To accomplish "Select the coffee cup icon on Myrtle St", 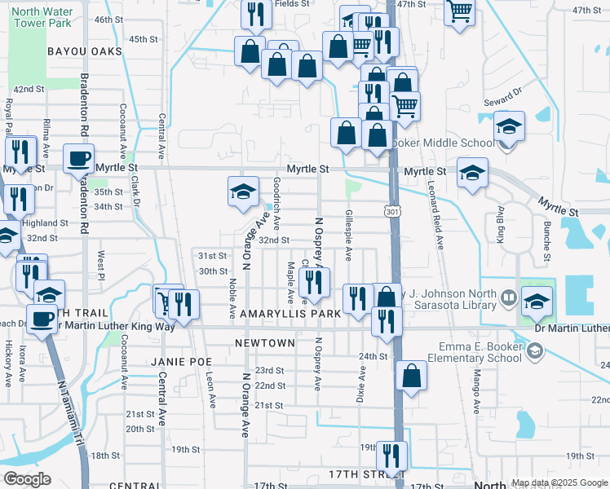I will coord(79,158).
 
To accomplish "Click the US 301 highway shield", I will coord(392,213).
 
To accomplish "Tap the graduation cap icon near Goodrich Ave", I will coord(243,191).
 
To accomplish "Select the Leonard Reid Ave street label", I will coord(437,215).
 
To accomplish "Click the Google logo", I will coord(27,479).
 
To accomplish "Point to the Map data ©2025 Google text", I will coord(559,482).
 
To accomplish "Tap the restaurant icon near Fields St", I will coord(256,12).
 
